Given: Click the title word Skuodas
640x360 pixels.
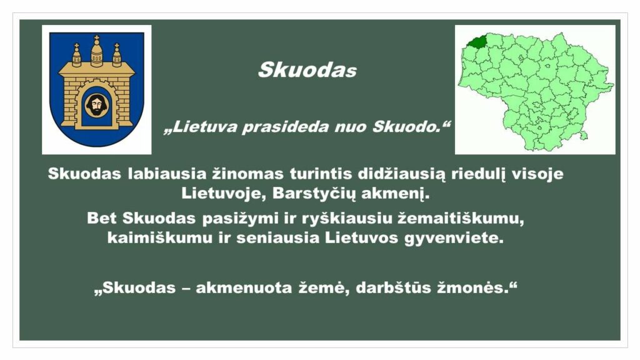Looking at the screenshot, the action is pos(307,70).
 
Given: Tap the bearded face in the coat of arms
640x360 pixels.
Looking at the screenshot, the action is pos(96,105).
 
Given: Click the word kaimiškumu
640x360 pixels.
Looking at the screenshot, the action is pos(160,238).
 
